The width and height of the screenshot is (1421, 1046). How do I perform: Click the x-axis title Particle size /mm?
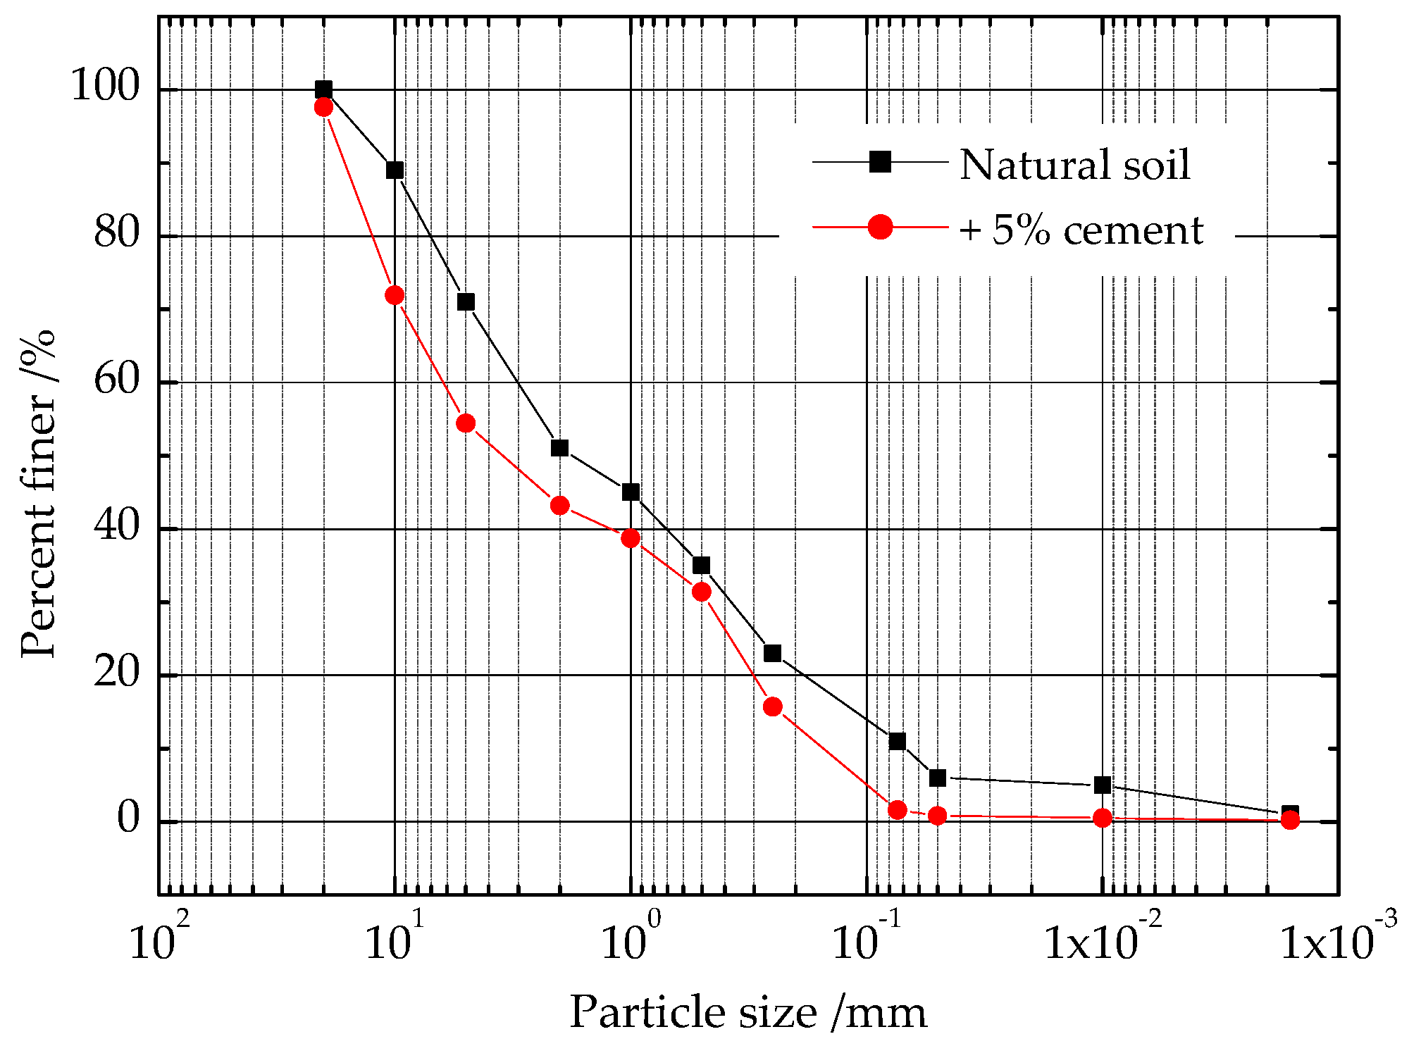pyautogui.click(x=747, y=1012)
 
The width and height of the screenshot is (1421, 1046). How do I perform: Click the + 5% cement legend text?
pyautogui.click(x=1081, y=230)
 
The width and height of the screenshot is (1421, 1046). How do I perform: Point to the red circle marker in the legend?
pyautogui.click(x=880, y=227)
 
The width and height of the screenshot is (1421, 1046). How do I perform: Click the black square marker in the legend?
pyautogui.click(x=880, y=162)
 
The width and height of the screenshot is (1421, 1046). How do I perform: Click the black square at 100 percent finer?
pyautogui.click(x=323, y=89)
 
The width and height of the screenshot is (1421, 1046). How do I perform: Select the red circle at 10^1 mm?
pyautogui.click(x=395, y=295)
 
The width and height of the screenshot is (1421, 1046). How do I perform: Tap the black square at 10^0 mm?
pyautogui.click(x=631, y=492)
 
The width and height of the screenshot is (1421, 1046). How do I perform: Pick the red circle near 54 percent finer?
pyautogui.click(x=466, y=423)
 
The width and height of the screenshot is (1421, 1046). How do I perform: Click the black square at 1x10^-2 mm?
pyautogui.click(x=1103, y=785)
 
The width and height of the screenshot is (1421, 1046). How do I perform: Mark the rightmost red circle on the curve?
pyautogui.click(x=1290, y=819)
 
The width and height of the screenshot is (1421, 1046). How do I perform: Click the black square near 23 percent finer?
pyautogui.click(x=772, y=653)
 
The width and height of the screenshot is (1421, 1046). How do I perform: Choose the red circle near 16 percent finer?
pyautogui.click(x=772, y=706)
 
